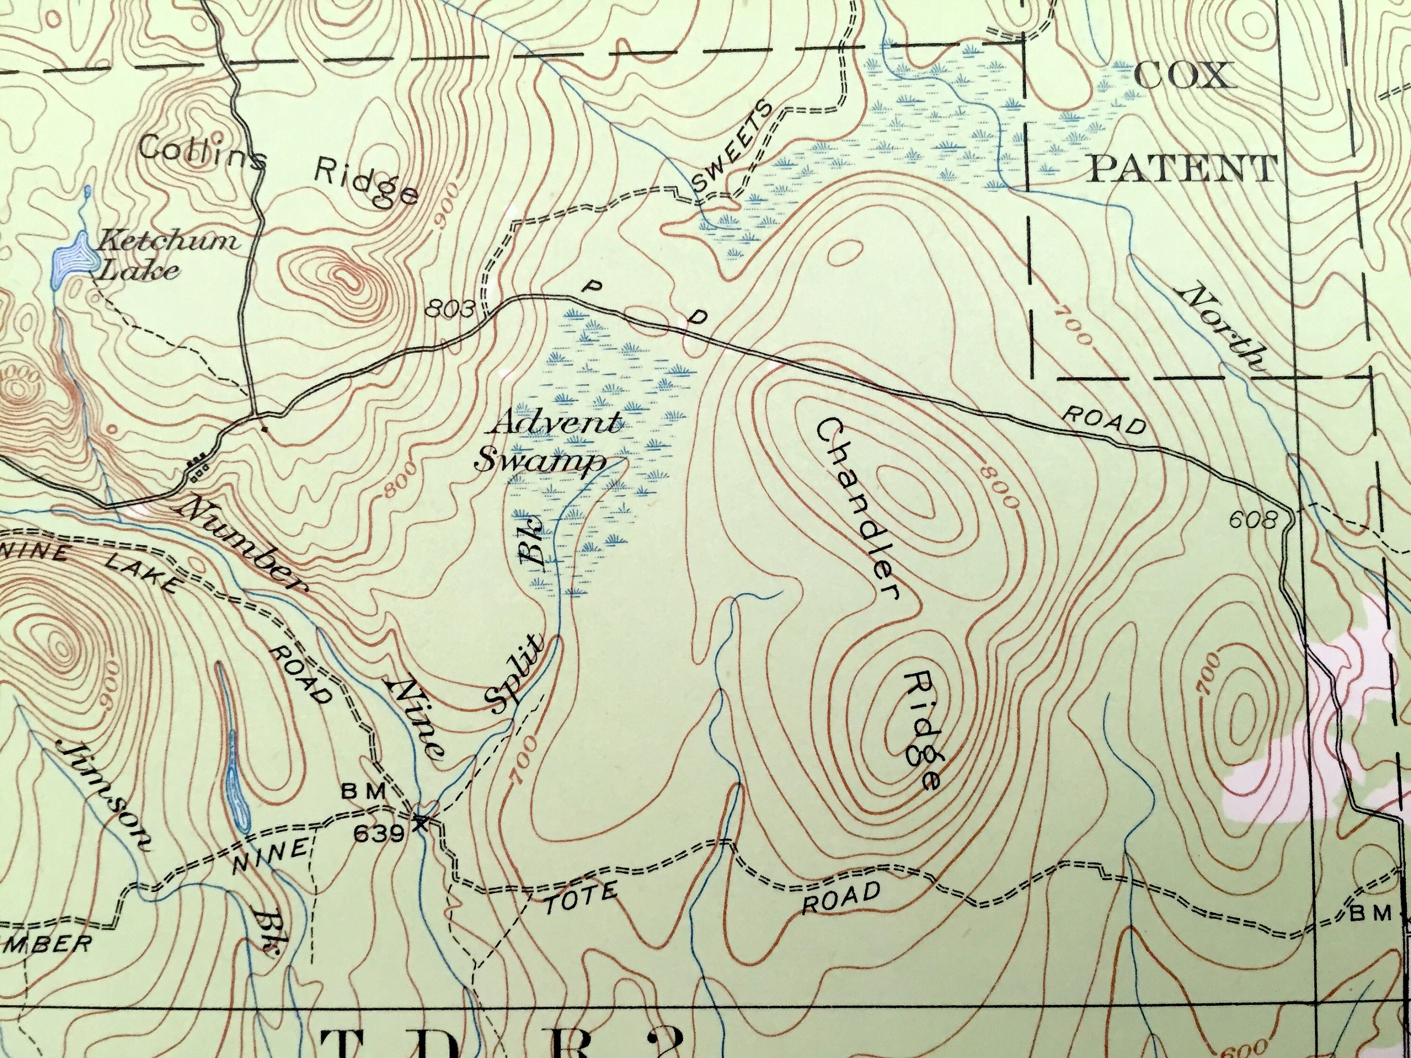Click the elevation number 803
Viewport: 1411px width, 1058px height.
tap(451, 310)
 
